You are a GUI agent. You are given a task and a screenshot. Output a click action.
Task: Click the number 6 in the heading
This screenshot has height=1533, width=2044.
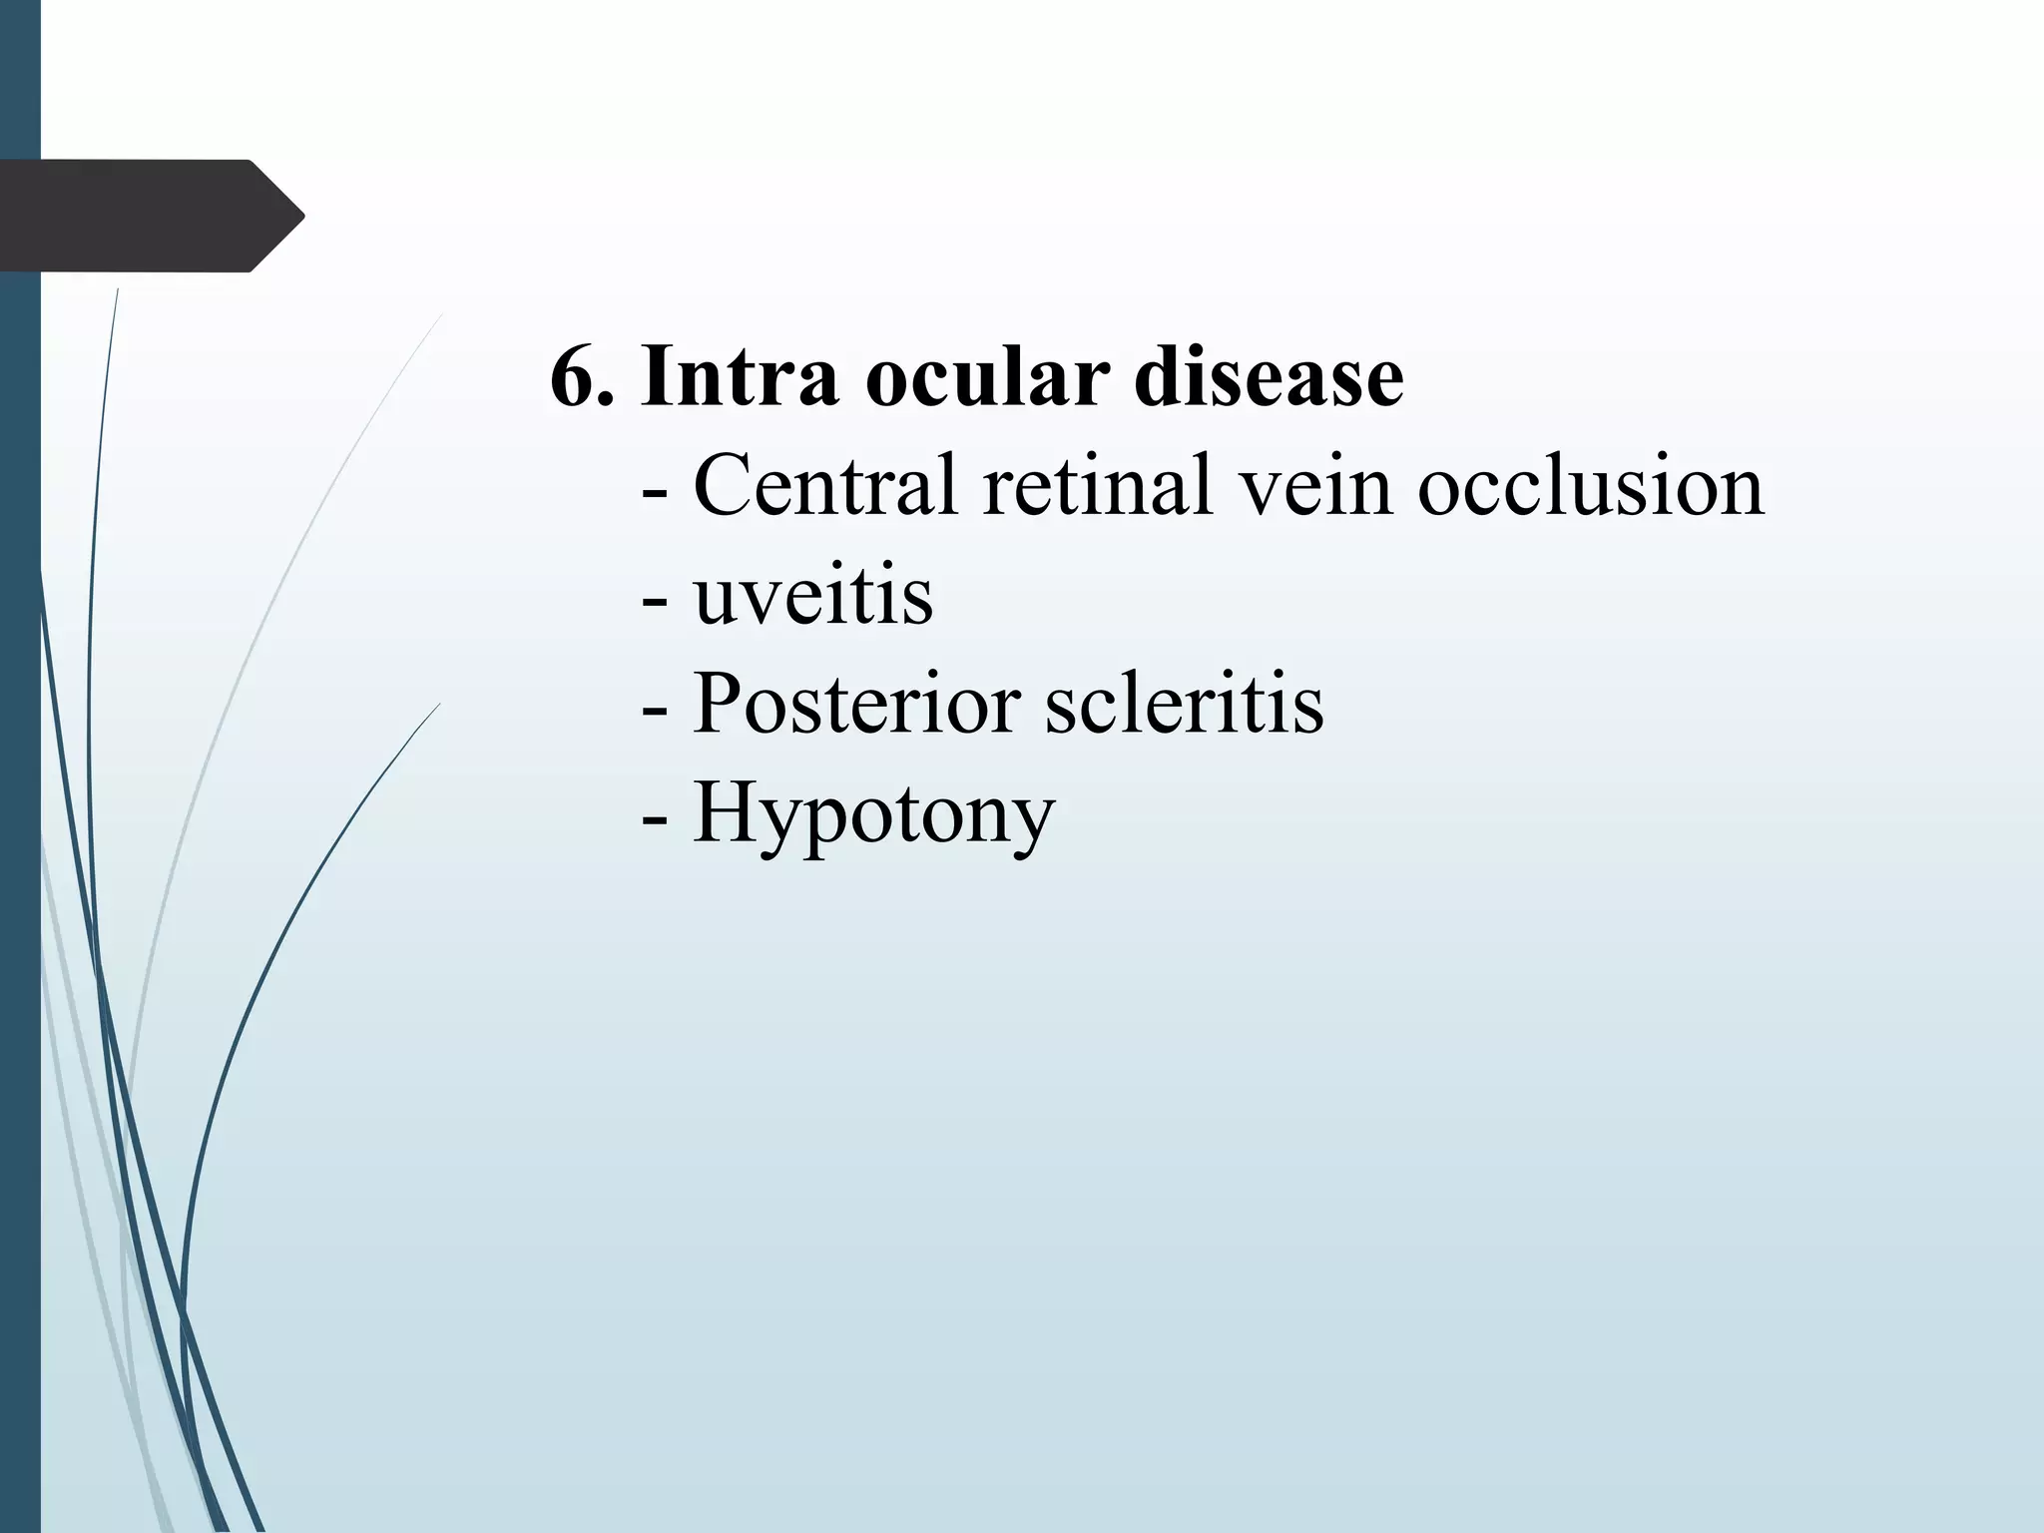(x=577, y=378)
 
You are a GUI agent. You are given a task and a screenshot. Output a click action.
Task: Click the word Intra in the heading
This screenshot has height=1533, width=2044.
(x=740, y=378)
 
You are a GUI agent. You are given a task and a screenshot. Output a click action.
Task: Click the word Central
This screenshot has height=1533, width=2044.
(x=824, y=486)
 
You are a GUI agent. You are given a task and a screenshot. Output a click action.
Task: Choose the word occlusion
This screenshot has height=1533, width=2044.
(x=1591, y=486)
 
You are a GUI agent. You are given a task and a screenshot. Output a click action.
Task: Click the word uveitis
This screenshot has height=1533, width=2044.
(x=813, y=596)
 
